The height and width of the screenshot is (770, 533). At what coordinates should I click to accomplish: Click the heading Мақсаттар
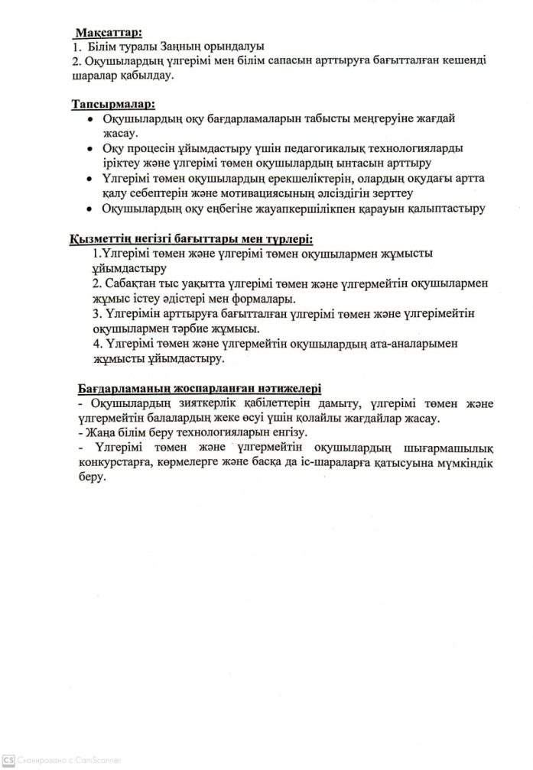point(107,34)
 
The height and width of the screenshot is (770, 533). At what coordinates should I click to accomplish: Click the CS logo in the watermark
point(8,761)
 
